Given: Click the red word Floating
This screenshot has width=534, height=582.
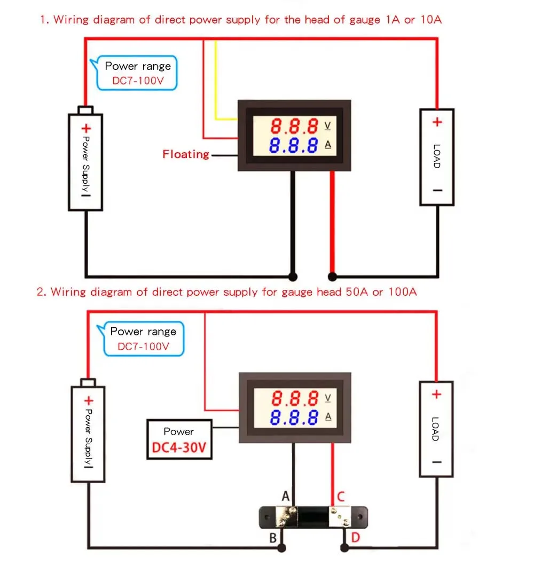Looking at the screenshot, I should click(186, 154).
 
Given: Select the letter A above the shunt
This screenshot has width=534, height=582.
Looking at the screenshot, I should click(286, 497).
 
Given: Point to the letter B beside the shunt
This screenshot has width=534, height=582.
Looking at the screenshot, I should click(273, 538).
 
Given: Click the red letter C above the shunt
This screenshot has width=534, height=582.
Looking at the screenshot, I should click(341, 497).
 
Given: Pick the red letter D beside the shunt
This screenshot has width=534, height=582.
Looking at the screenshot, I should click(355, 538).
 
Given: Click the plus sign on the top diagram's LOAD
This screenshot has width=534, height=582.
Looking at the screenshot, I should click(437, 122).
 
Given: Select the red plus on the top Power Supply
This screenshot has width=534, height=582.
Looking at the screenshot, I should click(86, 129).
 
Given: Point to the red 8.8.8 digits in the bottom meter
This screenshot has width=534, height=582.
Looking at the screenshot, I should click(295, 398).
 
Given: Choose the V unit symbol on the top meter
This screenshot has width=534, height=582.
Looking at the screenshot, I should click(327, 126).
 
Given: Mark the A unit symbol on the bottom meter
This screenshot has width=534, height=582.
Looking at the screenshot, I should click(327, 416).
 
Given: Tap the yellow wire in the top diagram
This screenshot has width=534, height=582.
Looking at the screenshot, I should click(216, 80).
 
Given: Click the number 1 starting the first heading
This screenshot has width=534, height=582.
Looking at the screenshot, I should click(43, 20).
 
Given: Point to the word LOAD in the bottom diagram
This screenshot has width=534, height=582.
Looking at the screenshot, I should click(435, 429).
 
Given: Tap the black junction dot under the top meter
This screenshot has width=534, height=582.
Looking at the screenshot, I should click(292, 276).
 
